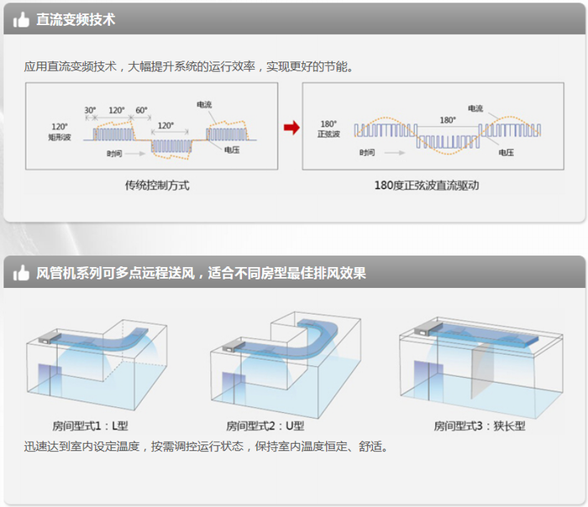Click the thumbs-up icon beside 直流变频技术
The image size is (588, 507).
pyautogui.click(x=21, y=19)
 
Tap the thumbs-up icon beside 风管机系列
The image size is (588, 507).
pyautogui.click(x=21, y=274)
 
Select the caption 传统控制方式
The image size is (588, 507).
pyautogui.click(x=157, y=185)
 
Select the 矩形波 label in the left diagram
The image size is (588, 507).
pyautogui.click(x=60, y=136)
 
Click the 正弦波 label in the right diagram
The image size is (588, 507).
pyautogui.click(x=328, y=134)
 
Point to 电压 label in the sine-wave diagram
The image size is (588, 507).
pyautogui.click(x=506, y=153)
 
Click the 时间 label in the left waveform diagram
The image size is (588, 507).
pyautogui.click(x=114, y=154)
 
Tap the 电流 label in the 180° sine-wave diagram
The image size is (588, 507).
pyautogui.click(x=475, y=108)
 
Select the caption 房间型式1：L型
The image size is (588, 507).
pyautogui.click(x=91, y=426)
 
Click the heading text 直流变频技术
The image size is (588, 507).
pyautogui.click(x=76, y=19)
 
